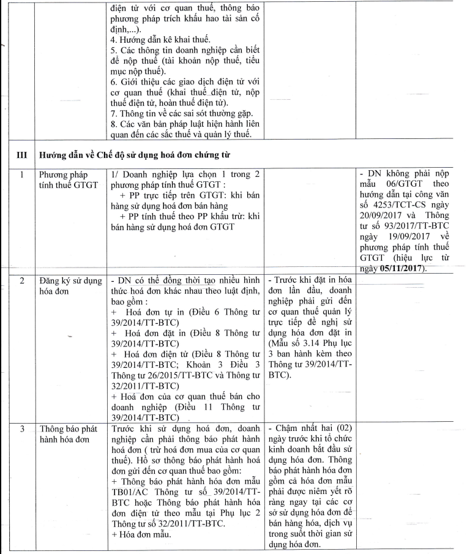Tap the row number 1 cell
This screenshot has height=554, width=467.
pyautogui.click(x=21, y=175)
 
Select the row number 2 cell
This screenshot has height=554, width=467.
pyautogui.click(x=21, y=280)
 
